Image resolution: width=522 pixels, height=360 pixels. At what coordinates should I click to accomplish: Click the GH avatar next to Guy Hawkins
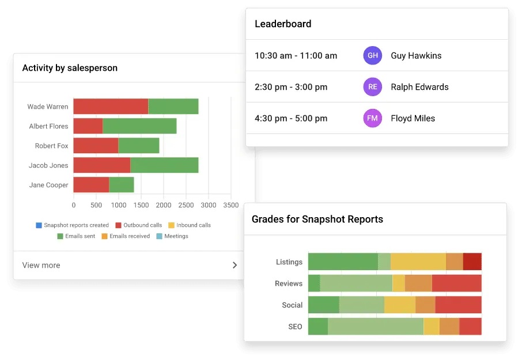pos(373,56)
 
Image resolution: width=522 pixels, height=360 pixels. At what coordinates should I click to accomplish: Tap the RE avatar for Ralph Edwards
pos(373,87)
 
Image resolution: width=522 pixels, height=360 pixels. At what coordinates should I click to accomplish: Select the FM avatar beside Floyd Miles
pos(373,118)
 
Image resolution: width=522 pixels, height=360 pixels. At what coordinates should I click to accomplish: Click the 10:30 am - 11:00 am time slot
pos(296,56)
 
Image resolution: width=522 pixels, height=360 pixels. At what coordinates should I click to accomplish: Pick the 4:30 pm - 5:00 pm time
pos(291,118)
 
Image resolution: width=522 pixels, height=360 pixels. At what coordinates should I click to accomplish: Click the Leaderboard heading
pos(283,24)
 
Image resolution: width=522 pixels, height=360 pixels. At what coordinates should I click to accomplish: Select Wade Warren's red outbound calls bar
pos(111,107)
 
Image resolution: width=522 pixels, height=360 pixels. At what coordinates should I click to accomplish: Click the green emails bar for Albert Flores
pos(139,126)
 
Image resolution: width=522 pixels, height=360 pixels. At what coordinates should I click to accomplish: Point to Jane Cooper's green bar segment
pos(122,185)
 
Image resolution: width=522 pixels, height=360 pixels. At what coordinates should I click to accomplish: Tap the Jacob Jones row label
pos(48,165)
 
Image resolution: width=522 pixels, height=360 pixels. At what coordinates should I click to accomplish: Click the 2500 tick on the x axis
pos(186,205)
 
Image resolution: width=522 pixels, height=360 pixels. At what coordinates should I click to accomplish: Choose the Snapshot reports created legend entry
pos(72,225)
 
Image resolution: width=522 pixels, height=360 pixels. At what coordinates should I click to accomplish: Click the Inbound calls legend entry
pos(190,225)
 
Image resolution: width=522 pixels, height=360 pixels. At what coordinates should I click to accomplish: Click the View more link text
pos(41,266)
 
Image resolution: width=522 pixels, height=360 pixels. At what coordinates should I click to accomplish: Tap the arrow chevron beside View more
pos(234,266)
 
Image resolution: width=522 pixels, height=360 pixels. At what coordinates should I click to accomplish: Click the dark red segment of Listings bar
pos(472,262)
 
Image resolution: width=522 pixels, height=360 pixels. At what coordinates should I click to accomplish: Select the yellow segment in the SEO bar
pos(431,327)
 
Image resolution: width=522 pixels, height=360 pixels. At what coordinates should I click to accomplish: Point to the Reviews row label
pos(288,283)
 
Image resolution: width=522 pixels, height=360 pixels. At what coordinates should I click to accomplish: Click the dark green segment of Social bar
pos(323,305)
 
